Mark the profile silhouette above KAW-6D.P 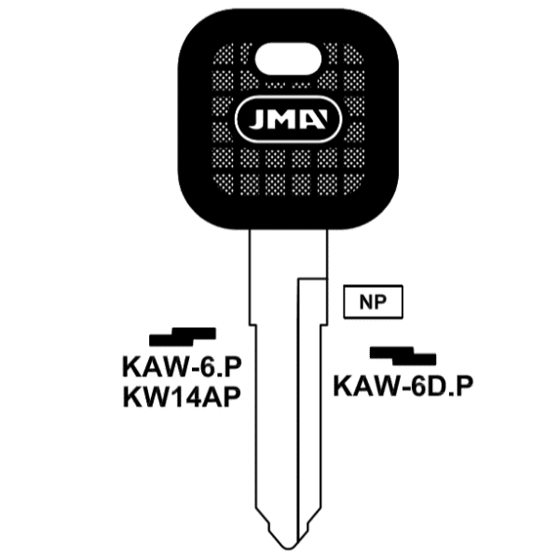[x=402, y=356]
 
